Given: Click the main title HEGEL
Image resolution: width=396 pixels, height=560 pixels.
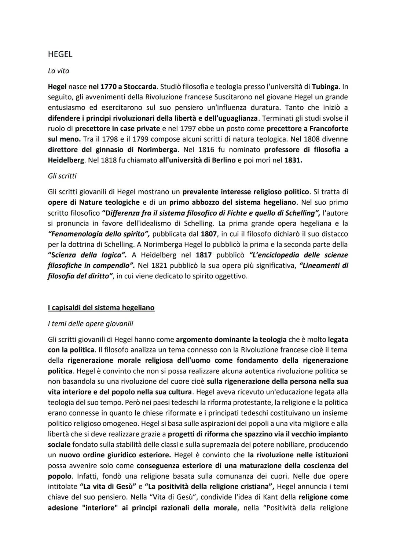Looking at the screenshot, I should coord(60,54).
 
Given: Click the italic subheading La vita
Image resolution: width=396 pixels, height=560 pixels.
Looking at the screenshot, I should coord(58,71).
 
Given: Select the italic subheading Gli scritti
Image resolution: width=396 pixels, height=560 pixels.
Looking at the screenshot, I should coord(62,176).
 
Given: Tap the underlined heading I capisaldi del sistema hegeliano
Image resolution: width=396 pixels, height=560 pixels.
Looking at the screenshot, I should coord(101,307).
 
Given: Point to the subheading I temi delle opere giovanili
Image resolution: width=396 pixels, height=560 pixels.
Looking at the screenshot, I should coord(90,323).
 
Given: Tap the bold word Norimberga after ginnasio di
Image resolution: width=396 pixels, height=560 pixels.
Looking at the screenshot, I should coord(157,150).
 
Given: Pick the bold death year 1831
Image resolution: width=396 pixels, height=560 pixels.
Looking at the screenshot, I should coord(293,160).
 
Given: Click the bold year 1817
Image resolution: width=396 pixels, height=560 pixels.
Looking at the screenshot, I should coord(203,255).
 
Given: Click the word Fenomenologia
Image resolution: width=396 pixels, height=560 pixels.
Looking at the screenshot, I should coord(73,234).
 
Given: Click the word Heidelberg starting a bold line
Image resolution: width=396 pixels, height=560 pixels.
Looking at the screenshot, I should coord(66,160).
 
